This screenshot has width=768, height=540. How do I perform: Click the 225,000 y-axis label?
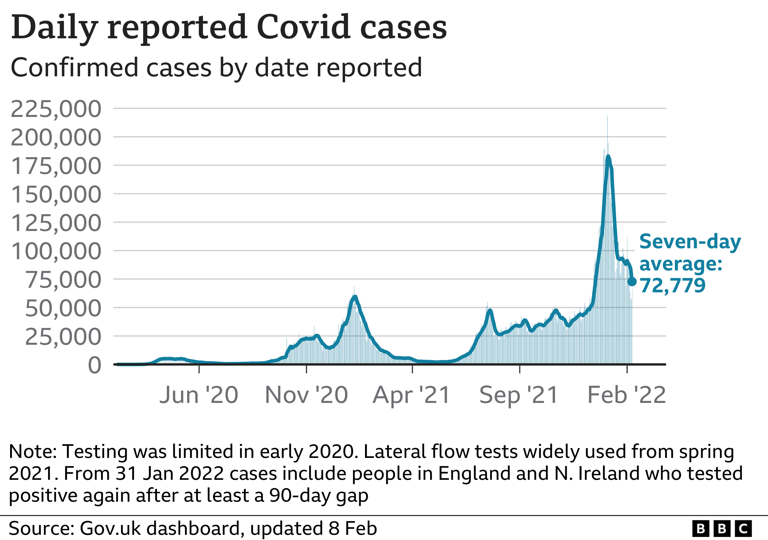[x=56, y=109]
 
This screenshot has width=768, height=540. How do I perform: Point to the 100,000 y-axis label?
[x=56, y=251]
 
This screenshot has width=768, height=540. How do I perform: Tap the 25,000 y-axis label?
[x=63, y=337]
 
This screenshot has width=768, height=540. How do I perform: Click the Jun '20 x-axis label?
[x=199, y=395]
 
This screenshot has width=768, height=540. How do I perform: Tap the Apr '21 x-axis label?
[x=411, y=395]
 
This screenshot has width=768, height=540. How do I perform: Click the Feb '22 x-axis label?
[x=627, y=395]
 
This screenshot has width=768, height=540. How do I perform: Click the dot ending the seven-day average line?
[x=632, y=282]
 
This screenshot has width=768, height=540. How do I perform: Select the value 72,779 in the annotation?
[x=672, y=285]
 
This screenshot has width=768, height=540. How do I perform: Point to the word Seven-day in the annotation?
[x=690, y=241]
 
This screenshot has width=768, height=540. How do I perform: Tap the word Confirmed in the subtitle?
[x=74, y=68]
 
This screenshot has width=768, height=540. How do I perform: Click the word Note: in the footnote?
[x=33, y=452]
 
